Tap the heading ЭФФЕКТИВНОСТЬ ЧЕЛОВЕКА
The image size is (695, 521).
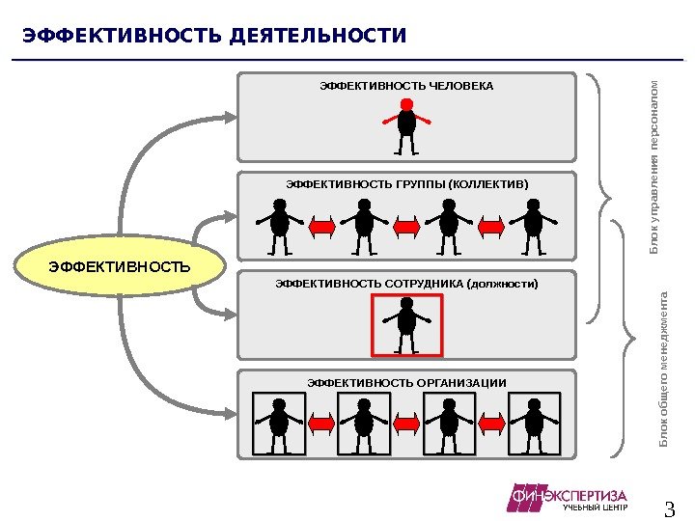406,86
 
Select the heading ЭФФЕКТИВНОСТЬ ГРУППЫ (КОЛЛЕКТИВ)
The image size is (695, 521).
407,183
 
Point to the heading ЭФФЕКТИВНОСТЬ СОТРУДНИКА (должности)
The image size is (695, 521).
406,284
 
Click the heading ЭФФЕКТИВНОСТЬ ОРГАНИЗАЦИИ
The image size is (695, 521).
406,383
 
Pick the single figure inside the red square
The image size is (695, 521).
406,325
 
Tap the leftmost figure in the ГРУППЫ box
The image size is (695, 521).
280,226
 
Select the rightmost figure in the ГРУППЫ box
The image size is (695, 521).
532,226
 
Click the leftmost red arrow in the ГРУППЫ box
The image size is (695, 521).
322,227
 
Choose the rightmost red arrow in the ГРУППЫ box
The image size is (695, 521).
490,227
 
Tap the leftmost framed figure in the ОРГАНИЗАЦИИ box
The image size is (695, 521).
280,423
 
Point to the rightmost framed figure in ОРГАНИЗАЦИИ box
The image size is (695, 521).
532,423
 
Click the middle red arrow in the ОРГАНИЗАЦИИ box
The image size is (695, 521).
406,423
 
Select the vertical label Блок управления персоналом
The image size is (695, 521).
653,167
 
